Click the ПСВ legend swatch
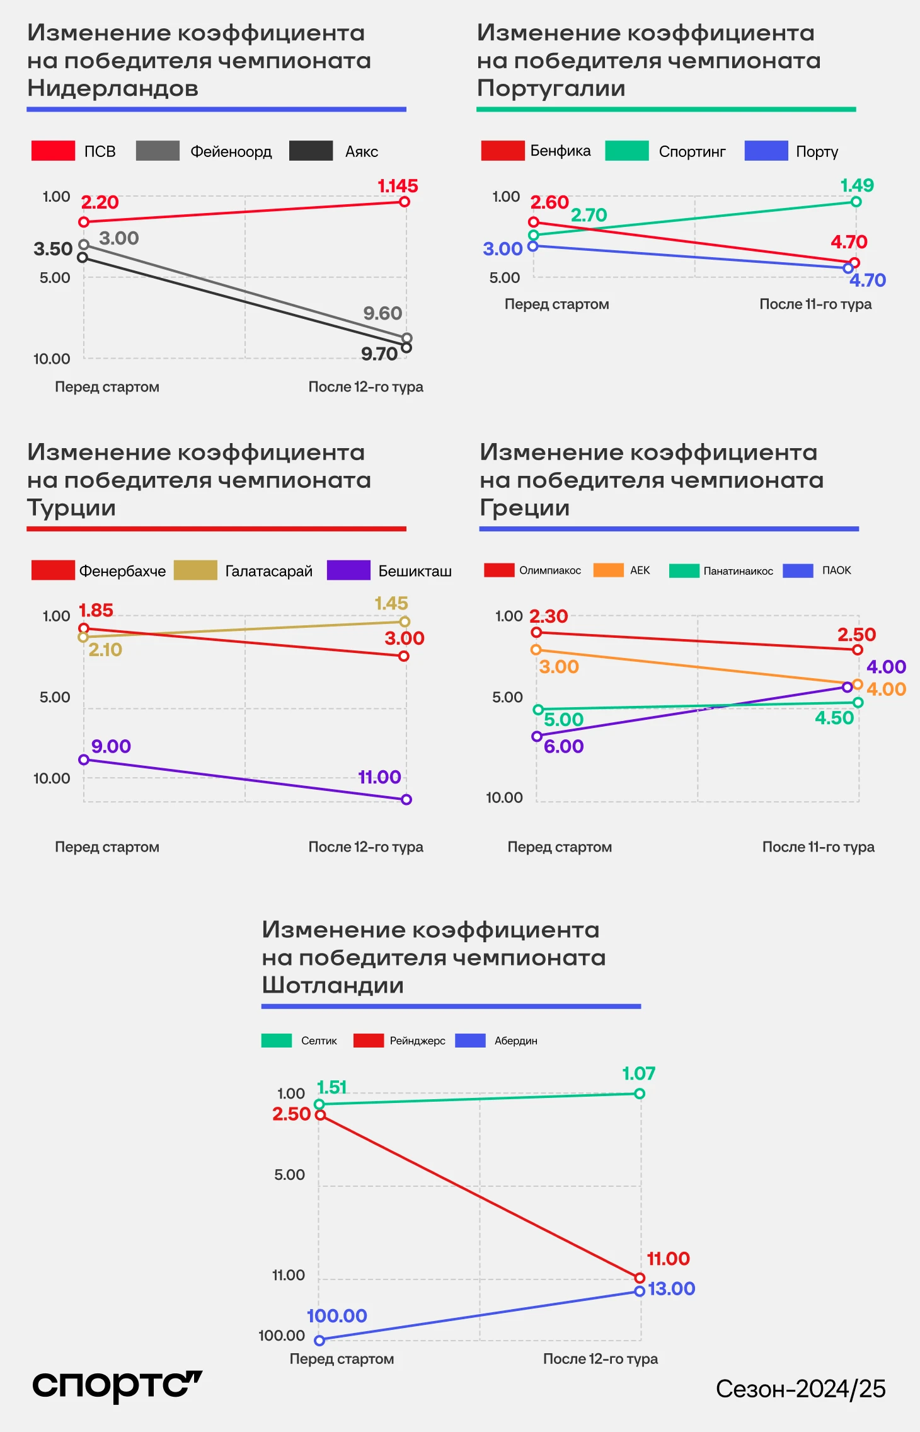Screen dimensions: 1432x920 53,151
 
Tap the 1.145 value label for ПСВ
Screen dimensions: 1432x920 398,186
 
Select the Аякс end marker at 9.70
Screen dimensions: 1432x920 406,347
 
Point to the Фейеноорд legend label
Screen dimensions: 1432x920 231,152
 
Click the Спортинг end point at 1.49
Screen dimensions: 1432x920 856,202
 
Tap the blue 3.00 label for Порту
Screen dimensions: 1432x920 502,249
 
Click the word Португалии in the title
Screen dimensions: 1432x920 551,88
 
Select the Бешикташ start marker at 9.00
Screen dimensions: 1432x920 84,759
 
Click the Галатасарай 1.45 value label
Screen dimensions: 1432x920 391,603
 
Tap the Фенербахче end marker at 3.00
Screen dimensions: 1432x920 404,656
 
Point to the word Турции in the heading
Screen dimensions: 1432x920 71,508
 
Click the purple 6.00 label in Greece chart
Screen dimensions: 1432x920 563,746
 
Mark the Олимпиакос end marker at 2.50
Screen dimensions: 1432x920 857,650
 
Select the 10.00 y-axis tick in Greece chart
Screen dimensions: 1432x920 504,798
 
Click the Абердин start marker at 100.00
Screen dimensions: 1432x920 319,1341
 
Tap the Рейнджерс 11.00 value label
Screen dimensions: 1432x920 668,1259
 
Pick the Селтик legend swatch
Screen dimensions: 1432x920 277,1041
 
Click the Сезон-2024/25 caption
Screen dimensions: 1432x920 800,1389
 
